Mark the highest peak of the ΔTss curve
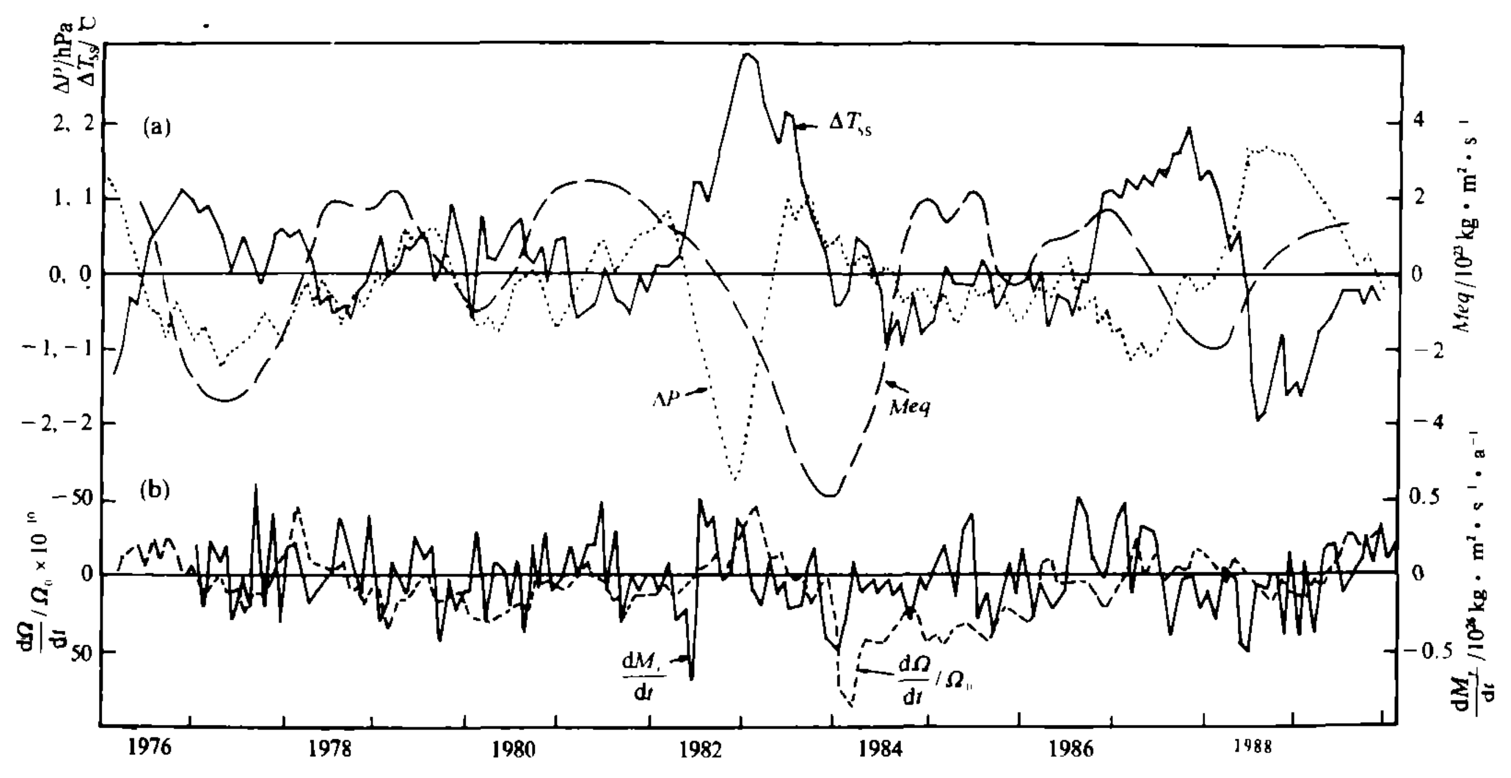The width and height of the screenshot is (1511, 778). [x=746, y=54]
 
